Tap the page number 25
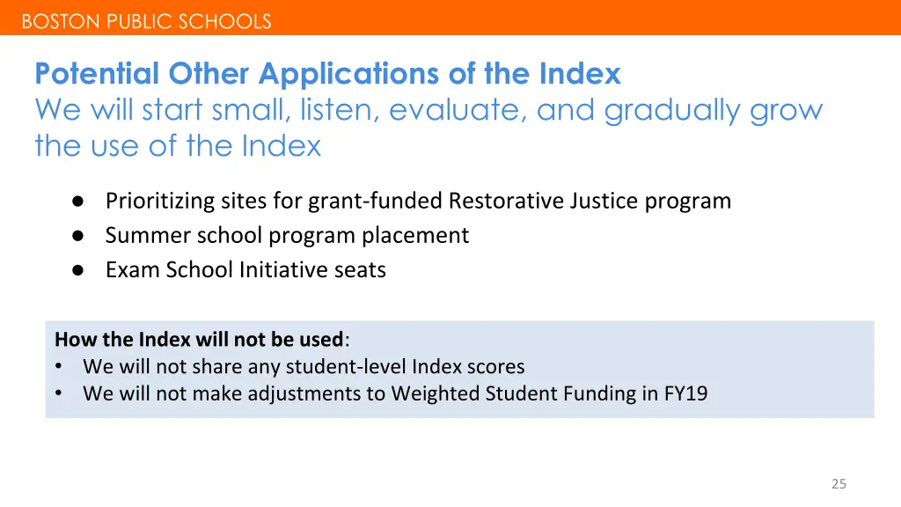[839, 483]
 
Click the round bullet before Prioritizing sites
[77, 202]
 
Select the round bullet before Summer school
[77, 236]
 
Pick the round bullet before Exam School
[77, 270]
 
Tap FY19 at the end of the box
[685, 393]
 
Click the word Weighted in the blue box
[435, 393]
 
